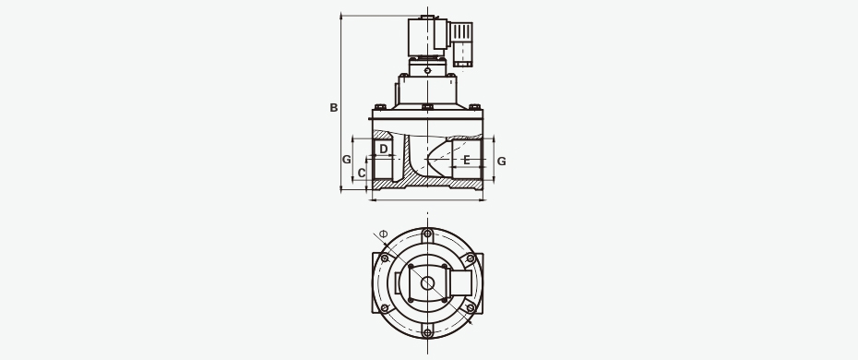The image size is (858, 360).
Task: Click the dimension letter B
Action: click(x=333, y=108)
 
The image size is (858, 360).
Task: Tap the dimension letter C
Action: click(x=361, y=174)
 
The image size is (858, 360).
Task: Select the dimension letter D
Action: click(x=384, y=149)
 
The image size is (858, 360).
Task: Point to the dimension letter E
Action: click(x=466, y=160)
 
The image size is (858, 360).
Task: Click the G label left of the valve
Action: click(x=346, y=160)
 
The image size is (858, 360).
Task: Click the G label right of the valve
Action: click(x=501, y=162)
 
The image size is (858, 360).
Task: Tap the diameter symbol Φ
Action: click(x=383, y=234)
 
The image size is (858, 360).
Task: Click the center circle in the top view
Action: click(x=427, y=282)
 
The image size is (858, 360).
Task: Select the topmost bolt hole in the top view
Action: click(x=427, y=234)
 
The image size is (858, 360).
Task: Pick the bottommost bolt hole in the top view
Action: click(x=427, y=332)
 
